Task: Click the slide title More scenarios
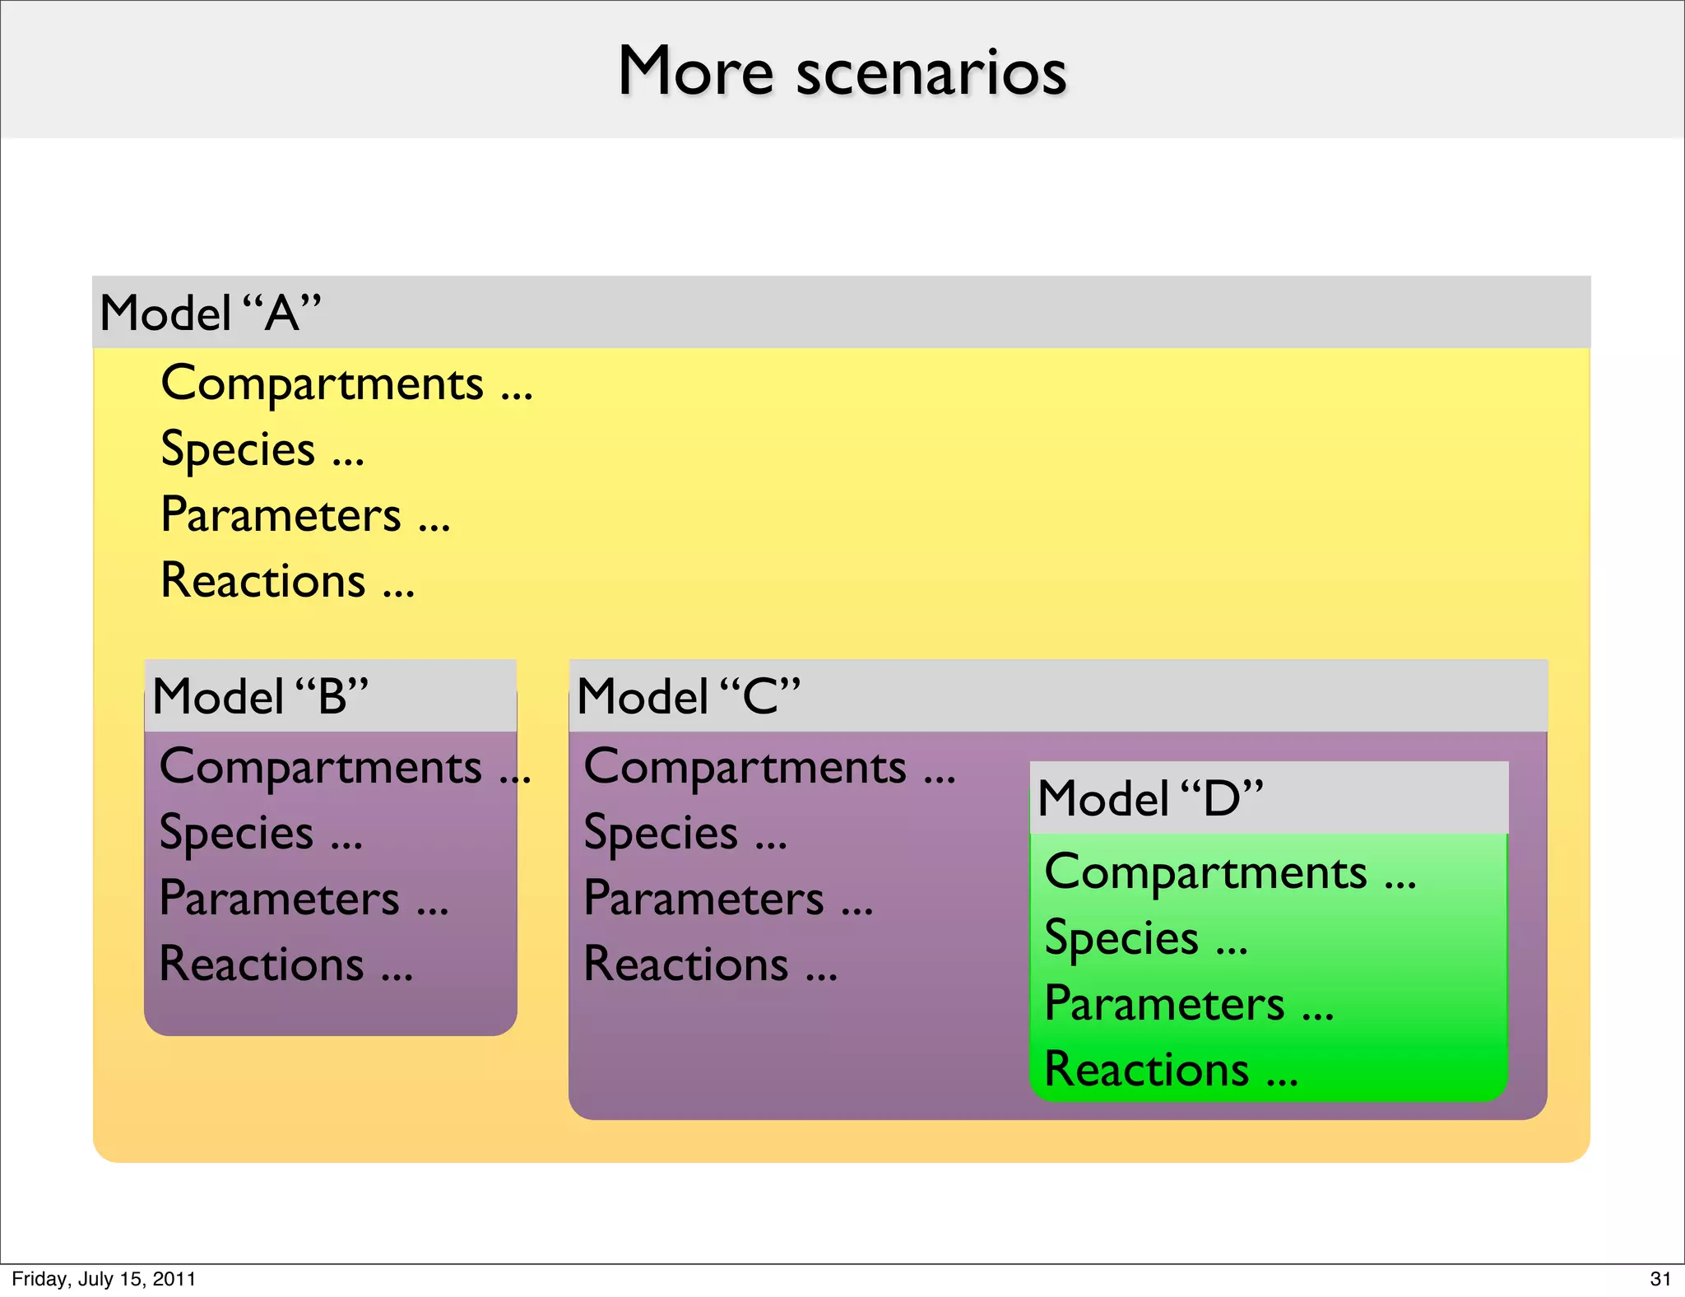tap(842, 72)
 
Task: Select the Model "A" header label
tap(210, 314)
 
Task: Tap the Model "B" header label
tap(260, 697)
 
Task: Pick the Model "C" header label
tap(689, 697)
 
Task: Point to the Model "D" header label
tap(1150, 798)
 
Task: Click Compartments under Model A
tap(323, 384)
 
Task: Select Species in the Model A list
tap(239, 449)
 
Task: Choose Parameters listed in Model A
tap(281, 515)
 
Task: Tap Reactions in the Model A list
tap(263, 581)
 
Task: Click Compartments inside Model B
tap(321, 767)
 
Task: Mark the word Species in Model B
tap(237, 833)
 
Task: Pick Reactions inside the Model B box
tap(262, 965)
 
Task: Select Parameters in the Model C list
tap(704, 899)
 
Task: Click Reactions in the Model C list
tap(686, 965)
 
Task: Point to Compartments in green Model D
tap(1206, 872)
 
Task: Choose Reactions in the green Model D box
tap(1147, 1070)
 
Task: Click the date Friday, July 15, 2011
tap(104, 1279)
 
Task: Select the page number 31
tap(1660, 1279)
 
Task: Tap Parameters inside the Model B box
tap(280, 899)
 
